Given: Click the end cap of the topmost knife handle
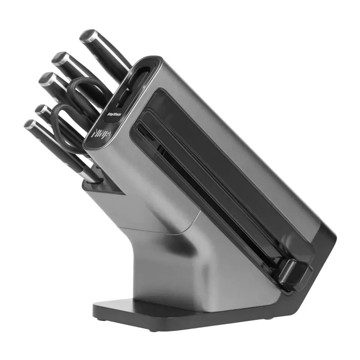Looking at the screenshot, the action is [87, 36].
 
